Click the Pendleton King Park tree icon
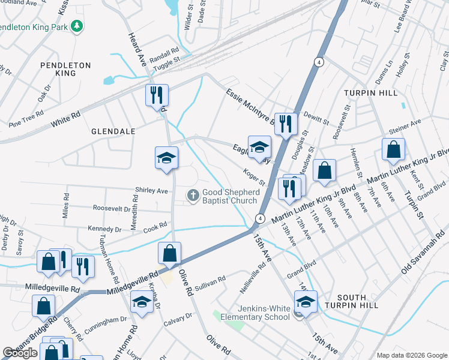[x=76, y=26]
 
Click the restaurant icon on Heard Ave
[x=157, y=95]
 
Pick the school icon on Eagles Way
[x=259, y=148]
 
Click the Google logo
[x=20, y=353]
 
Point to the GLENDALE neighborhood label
[x=113, y=130]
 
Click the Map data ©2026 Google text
[x=412, y=355]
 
